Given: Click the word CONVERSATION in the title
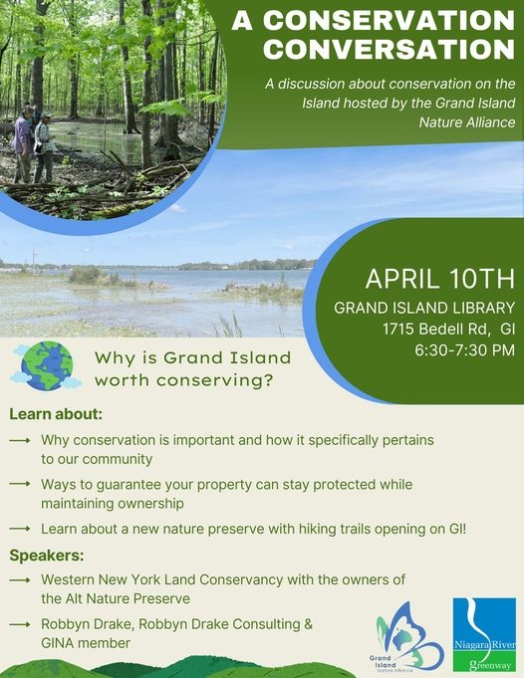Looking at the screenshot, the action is click(x=389, y=49).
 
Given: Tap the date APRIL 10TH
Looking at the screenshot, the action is click(x=440, y=279).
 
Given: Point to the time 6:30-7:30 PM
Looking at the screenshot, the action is click(x=464, y=349).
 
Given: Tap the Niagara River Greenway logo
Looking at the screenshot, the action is click(x=484, y=634).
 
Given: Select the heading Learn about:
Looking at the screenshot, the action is click(x=56, y=414).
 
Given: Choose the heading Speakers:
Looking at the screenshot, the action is click(x=47, y=556).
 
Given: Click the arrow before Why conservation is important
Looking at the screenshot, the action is click(x=20, y=440).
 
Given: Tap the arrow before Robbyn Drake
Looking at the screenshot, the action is click(x=20, y=624).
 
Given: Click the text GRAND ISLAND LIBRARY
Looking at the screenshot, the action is click(x=424, y=308).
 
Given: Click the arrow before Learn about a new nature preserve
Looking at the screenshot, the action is click(x=20, y=529).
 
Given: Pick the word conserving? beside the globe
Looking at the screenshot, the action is click(x=214, y=381).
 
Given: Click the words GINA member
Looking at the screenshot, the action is click(x=86, y=643).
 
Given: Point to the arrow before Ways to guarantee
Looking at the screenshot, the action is click(x=20, y=484).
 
